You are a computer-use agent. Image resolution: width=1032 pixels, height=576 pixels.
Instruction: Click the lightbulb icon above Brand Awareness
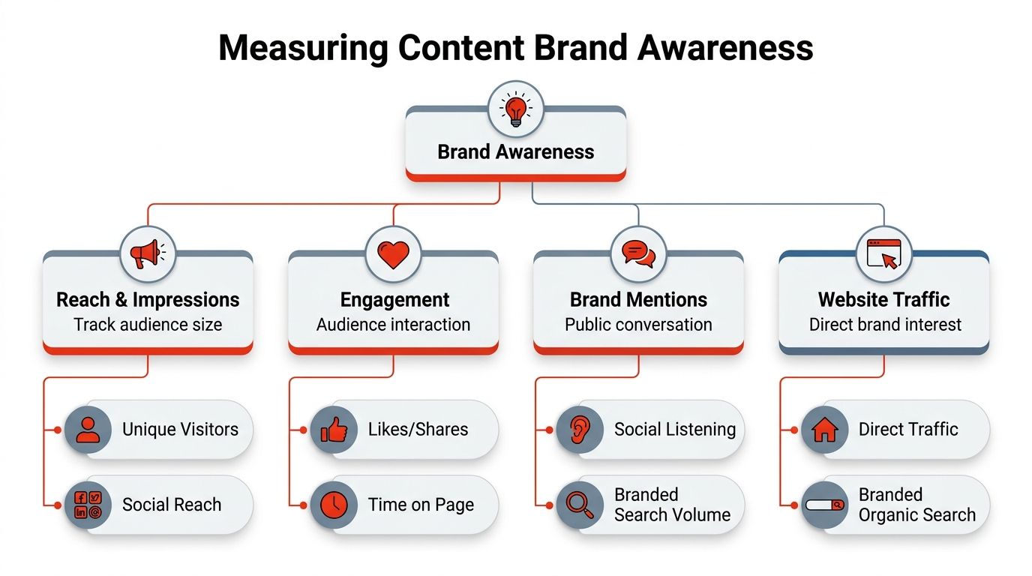pos(515,109)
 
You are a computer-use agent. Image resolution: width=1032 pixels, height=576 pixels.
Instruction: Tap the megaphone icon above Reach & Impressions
pos(148,253)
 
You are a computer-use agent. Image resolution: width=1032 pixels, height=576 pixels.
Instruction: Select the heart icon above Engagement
pos(393,253)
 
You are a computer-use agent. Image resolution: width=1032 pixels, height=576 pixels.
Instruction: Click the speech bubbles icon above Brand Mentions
pos(638,253)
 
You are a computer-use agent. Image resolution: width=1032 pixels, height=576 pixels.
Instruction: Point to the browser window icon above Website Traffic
pos(883,253)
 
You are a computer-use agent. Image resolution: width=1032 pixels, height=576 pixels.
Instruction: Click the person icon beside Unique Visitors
pos(88,430)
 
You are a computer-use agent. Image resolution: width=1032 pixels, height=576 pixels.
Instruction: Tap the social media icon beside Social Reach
pos(88,504)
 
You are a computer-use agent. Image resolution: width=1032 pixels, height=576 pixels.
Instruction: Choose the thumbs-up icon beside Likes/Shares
pos(334,430)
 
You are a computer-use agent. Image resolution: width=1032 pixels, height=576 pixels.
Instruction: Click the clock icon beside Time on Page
pos(334,504)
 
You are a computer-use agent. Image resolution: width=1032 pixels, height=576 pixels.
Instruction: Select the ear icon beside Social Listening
pos(579,430)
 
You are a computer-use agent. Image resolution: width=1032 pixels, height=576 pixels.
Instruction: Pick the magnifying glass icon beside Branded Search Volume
pos(579,504)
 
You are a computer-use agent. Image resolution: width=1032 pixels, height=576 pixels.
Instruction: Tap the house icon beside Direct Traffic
pos(824,430)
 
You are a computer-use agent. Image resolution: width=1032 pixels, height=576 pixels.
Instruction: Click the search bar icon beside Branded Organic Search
pos(824,504)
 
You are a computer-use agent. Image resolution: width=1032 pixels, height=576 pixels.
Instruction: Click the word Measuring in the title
pos(303,48)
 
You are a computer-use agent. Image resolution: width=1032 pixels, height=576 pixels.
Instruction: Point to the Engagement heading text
pos(394,300)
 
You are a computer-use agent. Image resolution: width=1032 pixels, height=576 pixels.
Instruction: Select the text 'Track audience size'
pos(148,325)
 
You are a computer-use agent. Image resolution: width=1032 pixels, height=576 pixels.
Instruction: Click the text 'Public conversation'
pos(638,325)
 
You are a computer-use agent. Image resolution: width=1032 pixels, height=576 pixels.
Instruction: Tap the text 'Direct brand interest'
pos(885,325)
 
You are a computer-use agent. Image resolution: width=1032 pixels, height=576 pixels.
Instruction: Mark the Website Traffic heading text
pos(883,300)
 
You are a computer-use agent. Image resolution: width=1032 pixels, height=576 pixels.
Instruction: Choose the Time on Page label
pos(421,505)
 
